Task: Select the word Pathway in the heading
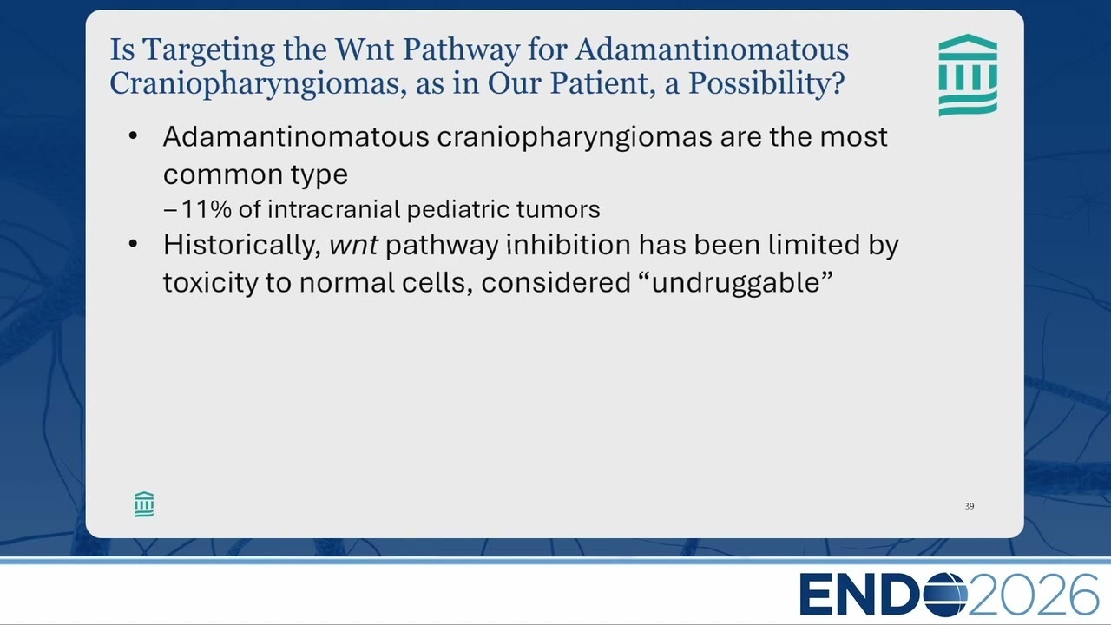461,51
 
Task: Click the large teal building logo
968,75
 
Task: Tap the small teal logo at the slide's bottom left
144,504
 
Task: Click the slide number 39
970,506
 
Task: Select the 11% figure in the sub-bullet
207,209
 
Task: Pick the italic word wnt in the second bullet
353,246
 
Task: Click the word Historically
242,246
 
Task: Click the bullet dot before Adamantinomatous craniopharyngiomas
133,135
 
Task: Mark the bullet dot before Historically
133,244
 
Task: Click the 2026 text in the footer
1033,595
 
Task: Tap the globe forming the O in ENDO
945,595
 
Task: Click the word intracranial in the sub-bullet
334,209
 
